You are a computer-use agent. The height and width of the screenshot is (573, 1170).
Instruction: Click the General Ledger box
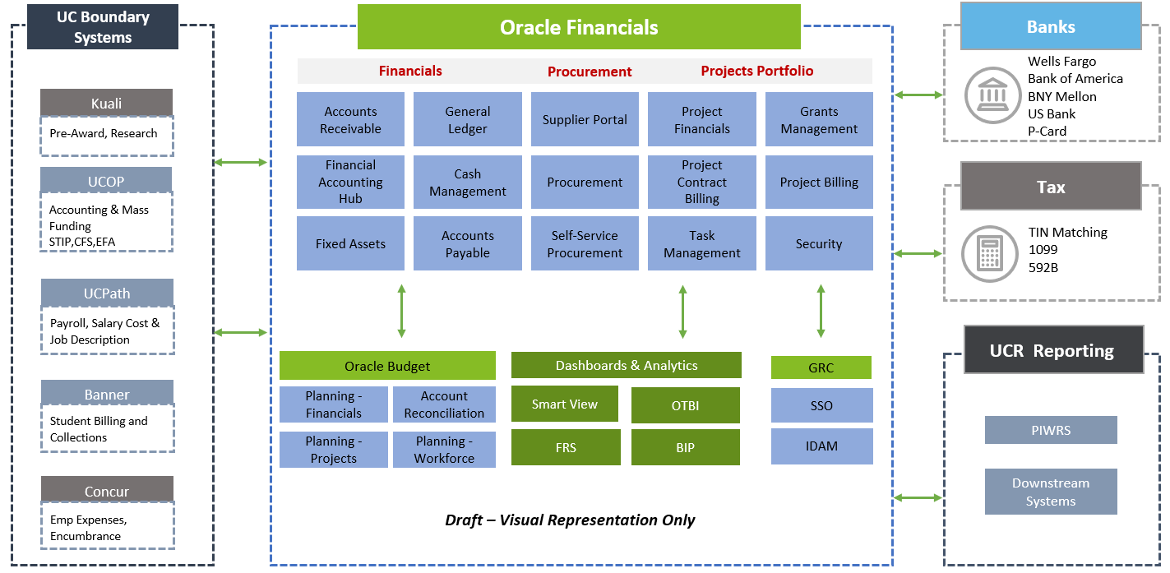pyautogui.click(x=467, y=120)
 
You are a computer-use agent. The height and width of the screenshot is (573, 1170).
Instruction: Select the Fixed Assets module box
pyautogui.click(x=350, y=244)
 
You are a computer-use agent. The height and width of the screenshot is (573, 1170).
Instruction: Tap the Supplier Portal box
pyautogui.click(x=585, y=120)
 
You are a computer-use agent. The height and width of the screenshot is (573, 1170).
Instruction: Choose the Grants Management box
pyautogui.click(x=819, y=120)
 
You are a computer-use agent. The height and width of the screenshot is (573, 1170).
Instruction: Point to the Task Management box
pyautogui.click(x=702, y=244)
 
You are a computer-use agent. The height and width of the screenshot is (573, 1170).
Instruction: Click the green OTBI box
pyautogui.click(x=686, y=405)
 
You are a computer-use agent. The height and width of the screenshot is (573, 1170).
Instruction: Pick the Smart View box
pyautogui.click(x=565, y=404)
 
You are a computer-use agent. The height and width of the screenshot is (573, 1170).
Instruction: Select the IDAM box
pyautogui.click(x=821, y=446)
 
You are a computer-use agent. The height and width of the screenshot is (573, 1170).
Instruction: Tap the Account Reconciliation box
pyautogui.click(x=444, y=404)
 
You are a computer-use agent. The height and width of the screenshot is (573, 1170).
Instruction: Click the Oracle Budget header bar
pyautogui.click(x=387, y=366)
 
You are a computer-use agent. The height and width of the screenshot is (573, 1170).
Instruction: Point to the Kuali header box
pyautogui.click(x=107, y=103)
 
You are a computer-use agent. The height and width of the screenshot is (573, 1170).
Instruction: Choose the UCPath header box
pyautogui.click(x=107, y=293)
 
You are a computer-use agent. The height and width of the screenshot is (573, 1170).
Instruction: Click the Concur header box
pyautogui.click(x=107, y=491)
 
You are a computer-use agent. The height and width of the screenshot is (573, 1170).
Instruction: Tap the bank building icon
pyautogui.click(x=992, y=95)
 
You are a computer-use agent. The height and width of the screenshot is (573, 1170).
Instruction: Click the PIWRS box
pyautogui.click(x=1051, y=430)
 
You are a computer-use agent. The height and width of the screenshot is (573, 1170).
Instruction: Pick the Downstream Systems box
pyautogui.click(x=1051, y=492)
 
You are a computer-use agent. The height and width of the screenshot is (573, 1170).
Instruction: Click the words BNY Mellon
pyautogui.click(x=1062, y=96)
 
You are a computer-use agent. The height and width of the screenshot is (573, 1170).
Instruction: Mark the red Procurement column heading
pyautogui.click(x=590, y=72)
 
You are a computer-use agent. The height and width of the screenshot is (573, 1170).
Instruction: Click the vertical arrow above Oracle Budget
pyautogui.click(x=401, y=311)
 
